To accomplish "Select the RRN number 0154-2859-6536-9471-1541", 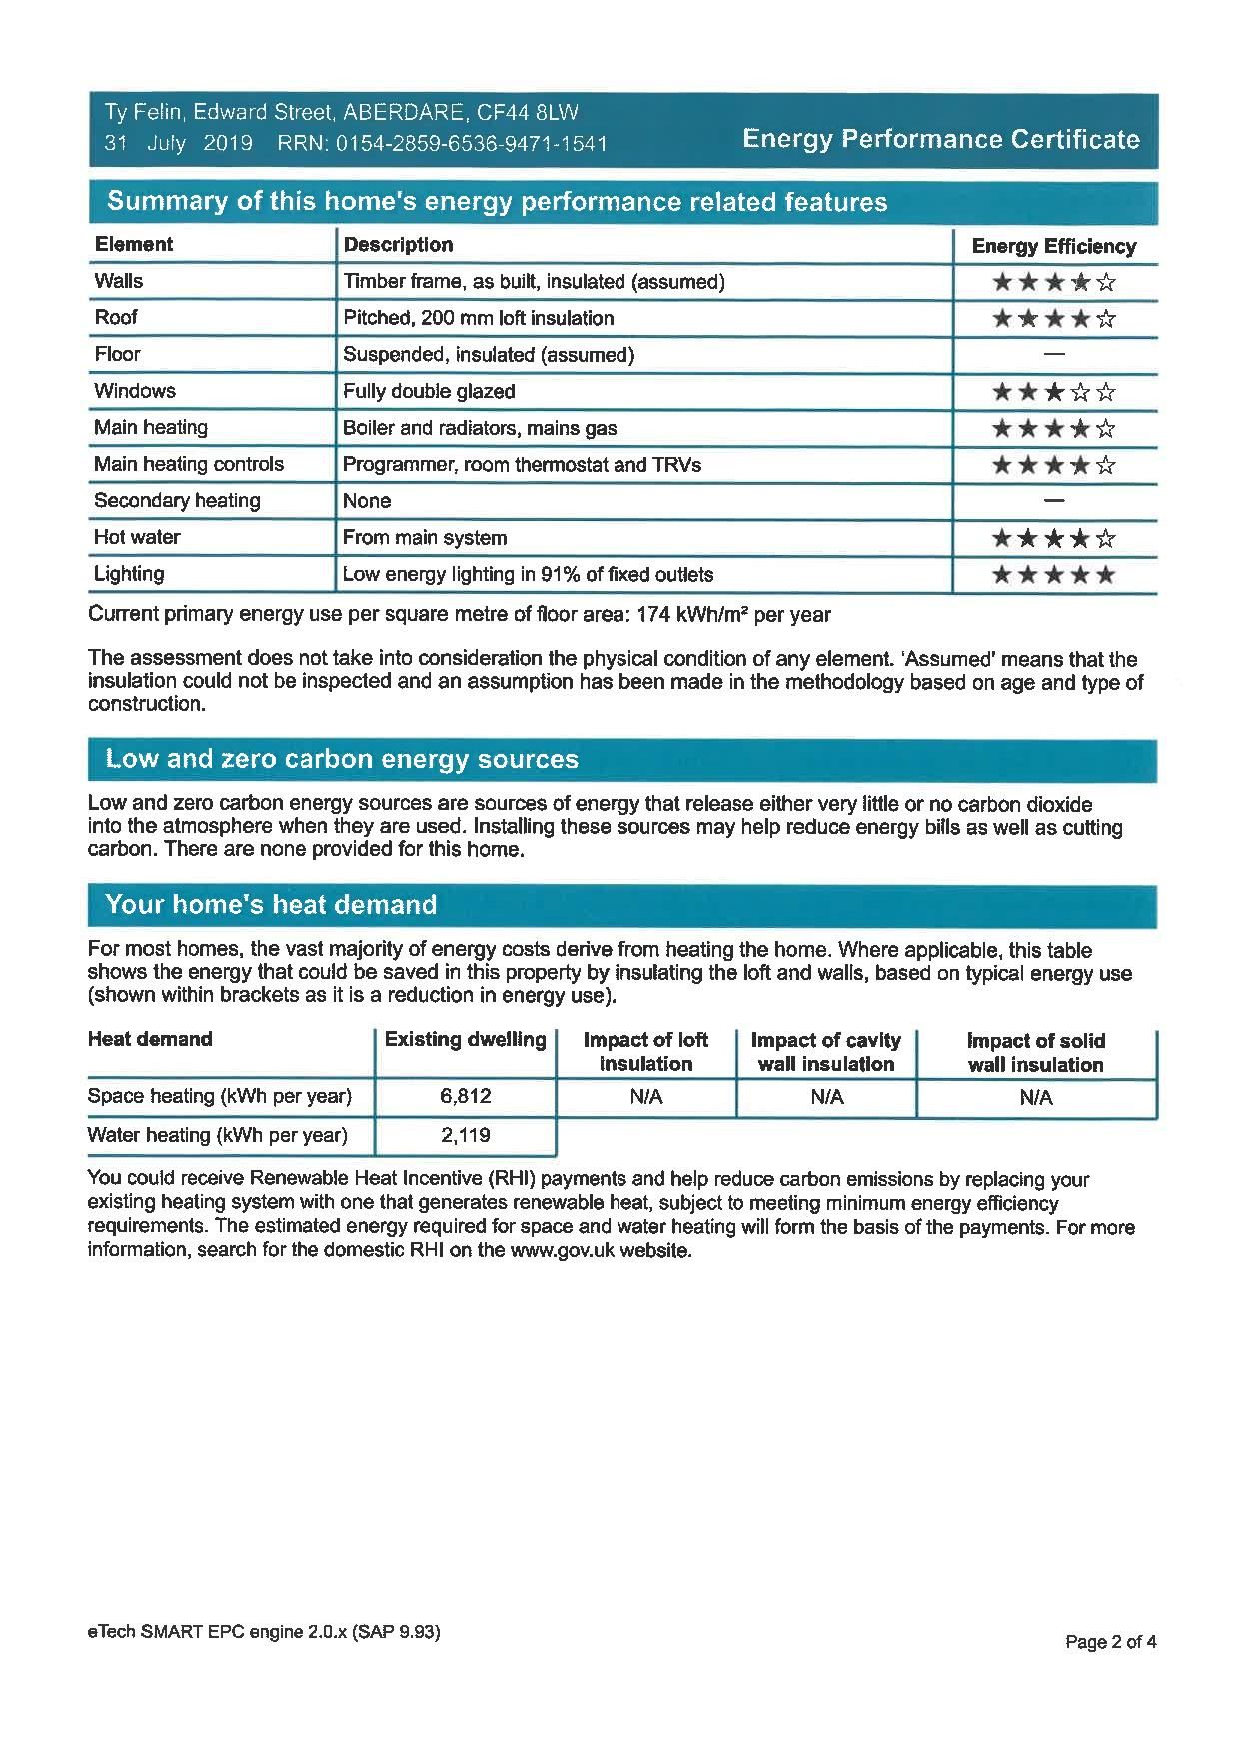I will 472,144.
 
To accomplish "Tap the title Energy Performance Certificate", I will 940,139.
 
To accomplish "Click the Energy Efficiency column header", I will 1053,246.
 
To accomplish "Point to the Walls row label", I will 119,281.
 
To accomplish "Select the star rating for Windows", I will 1053,392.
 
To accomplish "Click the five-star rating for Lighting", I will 1053,575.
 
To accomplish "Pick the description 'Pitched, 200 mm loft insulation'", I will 478,318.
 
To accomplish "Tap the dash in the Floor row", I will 1053,354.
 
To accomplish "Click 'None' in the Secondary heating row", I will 367,501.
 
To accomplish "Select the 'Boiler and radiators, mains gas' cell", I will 480,428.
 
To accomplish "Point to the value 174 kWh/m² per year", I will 733,615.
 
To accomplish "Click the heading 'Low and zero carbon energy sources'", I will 342,759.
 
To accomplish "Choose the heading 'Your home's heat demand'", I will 271,905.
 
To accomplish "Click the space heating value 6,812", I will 465,1096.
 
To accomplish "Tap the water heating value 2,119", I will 465,1135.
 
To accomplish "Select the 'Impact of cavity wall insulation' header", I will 826,1052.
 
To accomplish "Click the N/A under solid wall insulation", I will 1036,1098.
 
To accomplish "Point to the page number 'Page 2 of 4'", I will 1110,1642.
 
